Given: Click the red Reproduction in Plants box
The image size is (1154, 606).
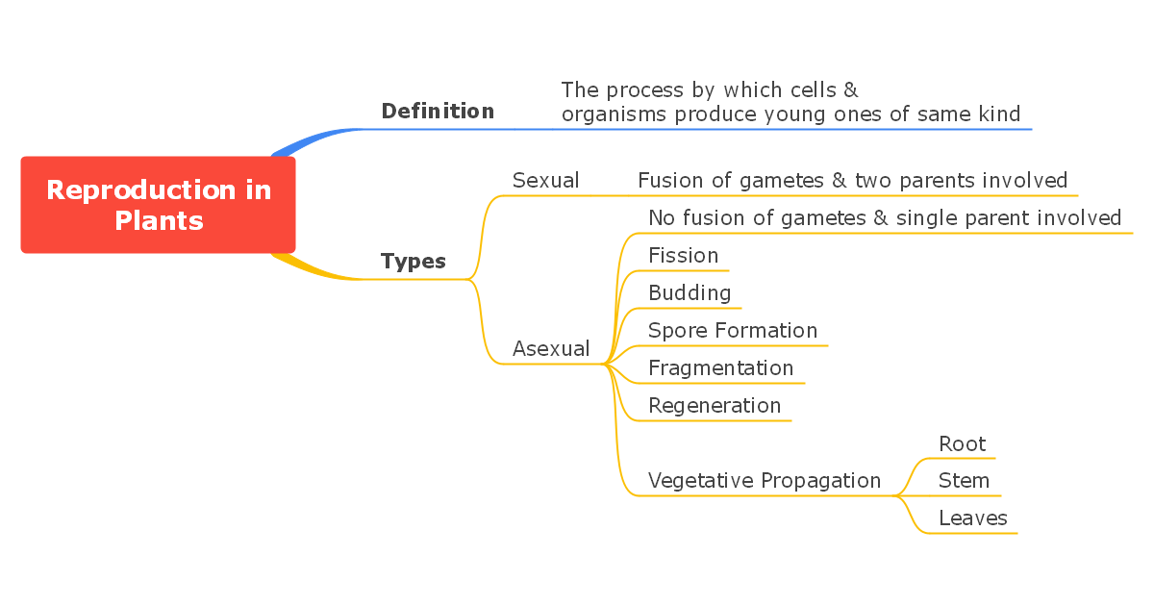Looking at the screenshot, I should tap(158, 205).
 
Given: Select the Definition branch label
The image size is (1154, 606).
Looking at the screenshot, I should tap(438, 112).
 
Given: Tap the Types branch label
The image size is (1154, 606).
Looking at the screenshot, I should tap(414, 262).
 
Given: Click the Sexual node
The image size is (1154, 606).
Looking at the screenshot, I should tap(545, 181).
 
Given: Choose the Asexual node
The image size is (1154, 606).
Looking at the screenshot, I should tap(551, 349).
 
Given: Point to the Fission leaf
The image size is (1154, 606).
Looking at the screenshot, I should tap(683, 256).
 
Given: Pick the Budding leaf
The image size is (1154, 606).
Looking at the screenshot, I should tap(690, 293).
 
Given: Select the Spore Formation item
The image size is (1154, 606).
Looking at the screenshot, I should tap(733, 331).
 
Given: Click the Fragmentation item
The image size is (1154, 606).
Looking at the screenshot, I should tap(720, 368).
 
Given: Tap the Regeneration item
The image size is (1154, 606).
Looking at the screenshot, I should tap(715, 406).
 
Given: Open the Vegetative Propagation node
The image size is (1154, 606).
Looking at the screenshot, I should tap(765, 481).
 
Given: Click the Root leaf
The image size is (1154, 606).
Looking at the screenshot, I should tap(962, 444).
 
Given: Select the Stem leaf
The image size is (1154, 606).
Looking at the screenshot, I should tap(964, 481).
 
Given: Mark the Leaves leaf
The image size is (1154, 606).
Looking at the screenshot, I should tap(972, 518).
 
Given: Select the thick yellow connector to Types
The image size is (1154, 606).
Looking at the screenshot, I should tap(313, 271).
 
